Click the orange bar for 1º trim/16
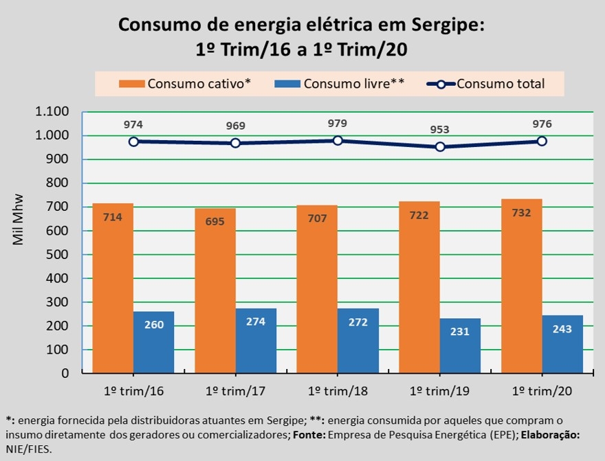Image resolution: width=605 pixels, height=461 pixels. tap(113, 289)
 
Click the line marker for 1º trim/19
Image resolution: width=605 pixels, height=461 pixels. tap(440, 146)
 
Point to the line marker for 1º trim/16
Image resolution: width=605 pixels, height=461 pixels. tap(133, 142)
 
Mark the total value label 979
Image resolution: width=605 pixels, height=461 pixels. tap(338, 124)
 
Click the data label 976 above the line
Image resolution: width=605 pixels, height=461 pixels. tap(542, 124)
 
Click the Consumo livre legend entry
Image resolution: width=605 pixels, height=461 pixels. tap(340, 84)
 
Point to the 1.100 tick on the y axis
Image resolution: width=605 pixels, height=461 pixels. tap(52, 112)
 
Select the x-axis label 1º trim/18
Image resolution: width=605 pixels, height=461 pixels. tap(338, 390)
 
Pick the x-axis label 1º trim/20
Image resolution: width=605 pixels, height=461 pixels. tap(542, 390)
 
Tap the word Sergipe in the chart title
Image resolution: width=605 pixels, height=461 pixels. tap(448, 25)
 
